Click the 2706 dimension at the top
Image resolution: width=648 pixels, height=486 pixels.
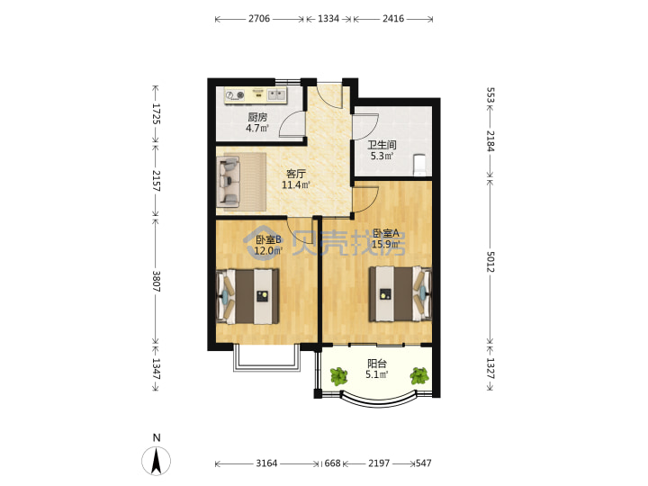tap(258, 19)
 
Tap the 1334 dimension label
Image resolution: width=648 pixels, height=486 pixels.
tap(328, 19)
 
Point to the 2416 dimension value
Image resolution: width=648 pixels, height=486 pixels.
tap(393, 19)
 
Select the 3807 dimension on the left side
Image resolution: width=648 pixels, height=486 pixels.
tap(157, 282)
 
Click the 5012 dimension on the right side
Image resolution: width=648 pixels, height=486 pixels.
tap(490, 262)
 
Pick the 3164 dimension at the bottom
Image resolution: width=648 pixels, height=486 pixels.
tap(266, 463)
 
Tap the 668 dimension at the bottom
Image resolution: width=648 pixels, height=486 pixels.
tap(332, 463)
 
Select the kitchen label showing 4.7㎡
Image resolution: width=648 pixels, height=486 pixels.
tap(257, 122)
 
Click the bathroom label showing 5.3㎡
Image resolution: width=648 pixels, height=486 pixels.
tap(382, 150)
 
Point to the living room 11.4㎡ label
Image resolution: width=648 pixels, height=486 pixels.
tap(296, 179)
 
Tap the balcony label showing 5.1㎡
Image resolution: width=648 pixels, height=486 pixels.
tap(377, 369)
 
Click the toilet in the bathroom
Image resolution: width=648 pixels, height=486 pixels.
tap(420, 164)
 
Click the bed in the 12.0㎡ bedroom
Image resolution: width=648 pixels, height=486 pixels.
tap(247, 296)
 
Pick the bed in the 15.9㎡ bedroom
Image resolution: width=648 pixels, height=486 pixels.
tap(400, 293)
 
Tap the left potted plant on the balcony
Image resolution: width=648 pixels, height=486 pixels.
tap(339, 376)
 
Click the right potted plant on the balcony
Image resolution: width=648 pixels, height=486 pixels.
tap(419, 375)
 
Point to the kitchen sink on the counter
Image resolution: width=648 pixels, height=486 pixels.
tap(276, 95)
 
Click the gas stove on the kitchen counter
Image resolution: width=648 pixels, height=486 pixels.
tap(235, 96)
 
